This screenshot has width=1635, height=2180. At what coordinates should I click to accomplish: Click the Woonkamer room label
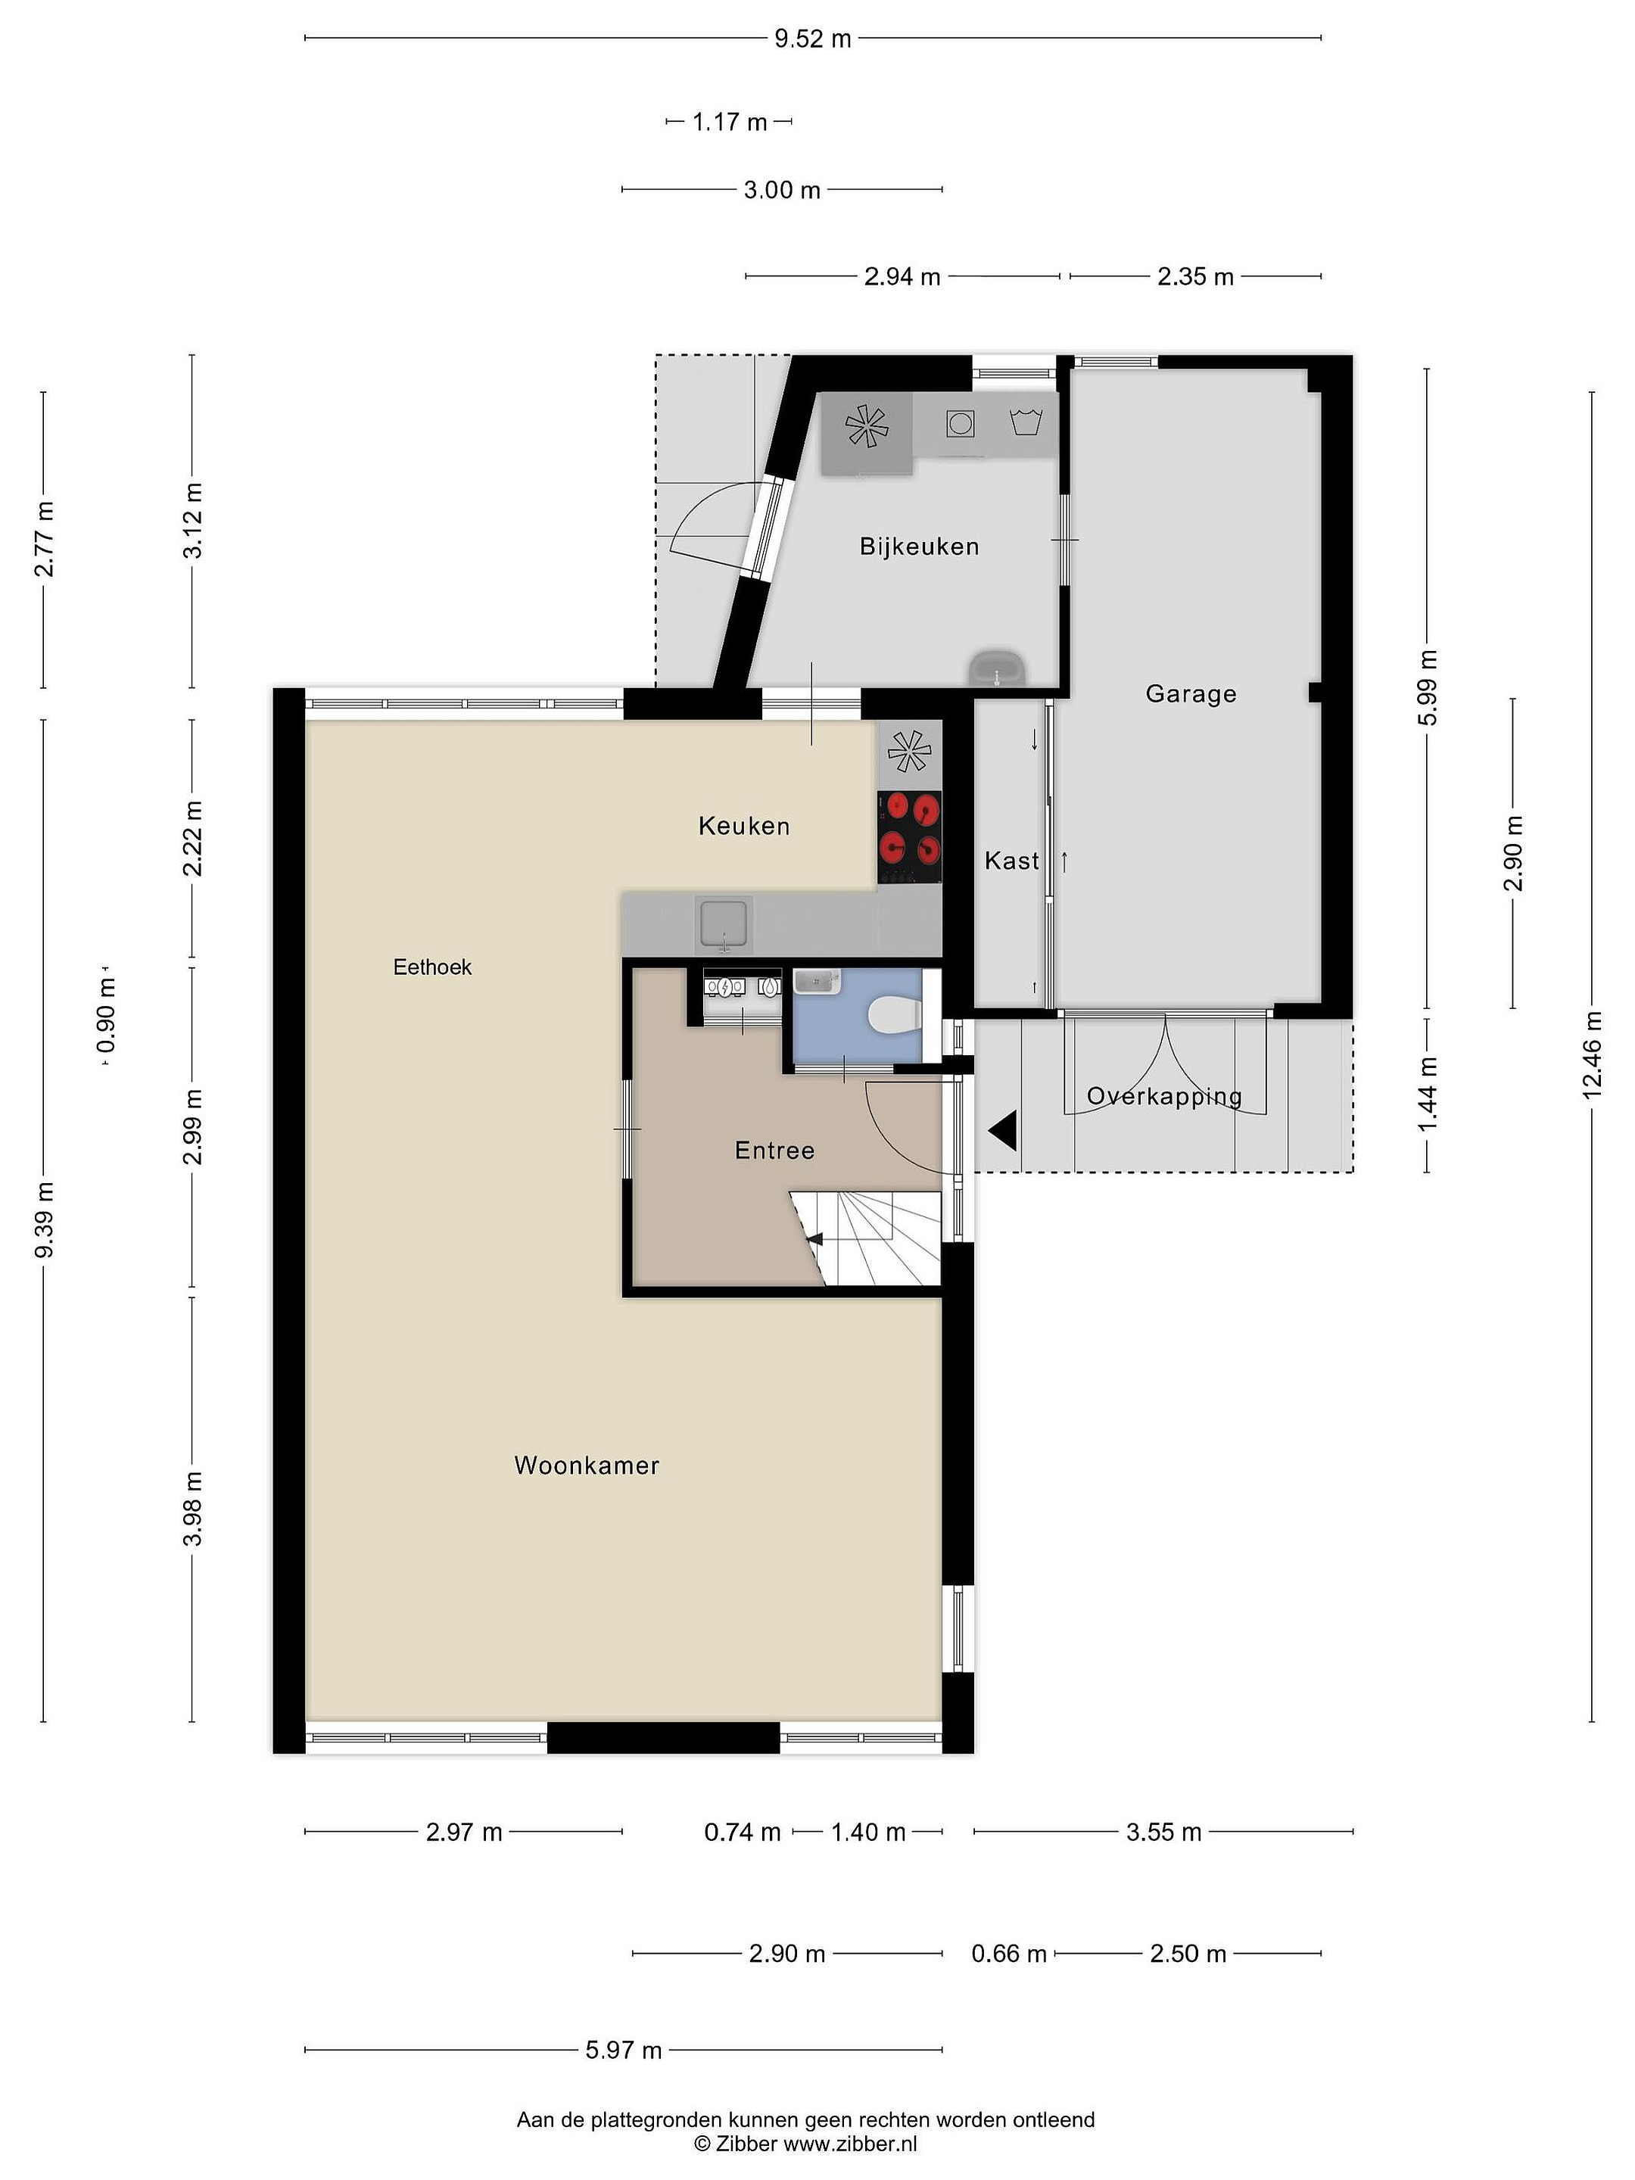click(587, 1465)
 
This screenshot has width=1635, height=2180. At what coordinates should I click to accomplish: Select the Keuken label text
click(744, 826)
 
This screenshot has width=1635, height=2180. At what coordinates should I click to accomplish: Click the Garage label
click(1191, 694)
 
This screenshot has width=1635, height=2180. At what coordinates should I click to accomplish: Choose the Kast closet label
click(1012, 861)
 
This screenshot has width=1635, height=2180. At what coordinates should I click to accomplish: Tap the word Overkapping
click(1164, 1096)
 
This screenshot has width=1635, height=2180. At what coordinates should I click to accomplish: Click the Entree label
click(774, 1150)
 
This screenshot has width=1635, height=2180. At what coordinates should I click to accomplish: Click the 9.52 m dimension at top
click(812, 39)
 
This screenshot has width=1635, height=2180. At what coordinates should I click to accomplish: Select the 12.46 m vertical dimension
click(1592, 1054)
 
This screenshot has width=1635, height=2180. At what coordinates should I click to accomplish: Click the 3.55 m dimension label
click(1164, 1832)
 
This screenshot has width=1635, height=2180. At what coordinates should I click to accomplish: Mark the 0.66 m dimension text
click(1009, 1954)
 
